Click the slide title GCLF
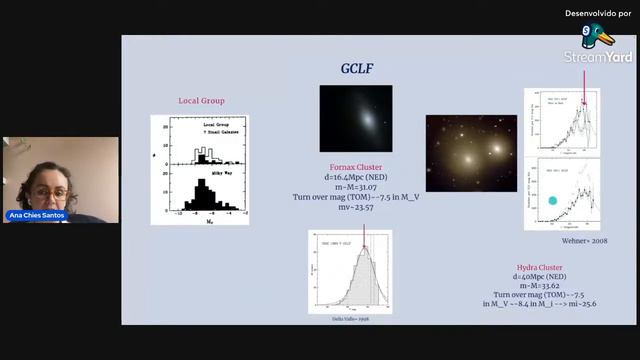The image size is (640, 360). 357,68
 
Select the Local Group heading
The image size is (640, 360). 201,101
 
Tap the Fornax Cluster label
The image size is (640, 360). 356,167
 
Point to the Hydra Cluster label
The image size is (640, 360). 543,269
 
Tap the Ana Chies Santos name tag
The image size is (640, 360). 42,215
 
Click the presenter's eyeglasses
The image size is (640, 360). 52,192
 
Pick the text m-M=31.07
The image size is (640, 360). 356,187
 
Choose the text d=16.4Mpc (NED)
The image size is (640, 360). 356,177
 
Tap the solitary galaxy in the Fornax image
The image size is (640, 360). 356,117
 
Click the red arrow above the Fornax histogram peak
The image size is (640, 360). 364,237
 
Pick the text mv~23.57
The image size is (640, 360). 356,207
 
